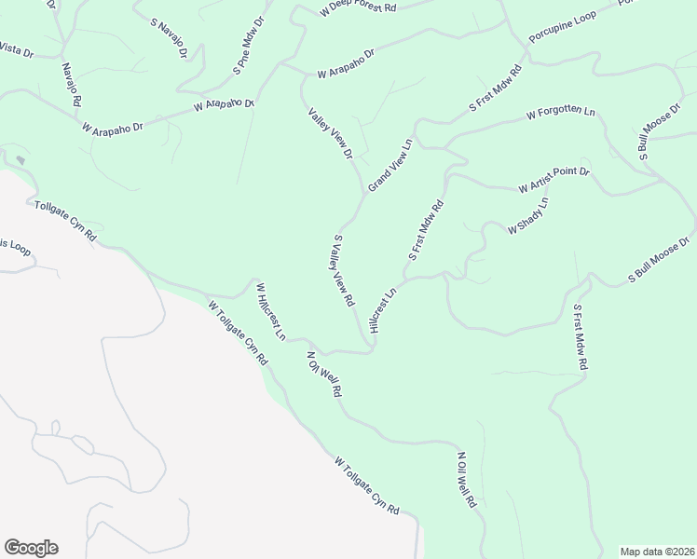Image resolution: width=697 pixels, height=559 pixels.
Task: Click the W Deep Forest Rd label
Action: [x=358, y=7]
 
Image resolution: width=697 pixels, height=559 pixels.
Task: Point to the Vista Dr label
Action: [x=16, y=49]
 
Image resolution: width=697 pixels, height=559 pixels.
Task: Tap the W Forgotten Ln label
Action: [x=560, y=114]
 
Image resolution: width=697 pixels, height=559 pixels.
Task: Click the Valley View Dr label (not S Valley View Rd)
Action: [x=331, y=133]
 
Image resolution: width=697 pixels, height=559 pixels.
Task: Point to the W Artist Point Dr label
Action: [x=554, y=181]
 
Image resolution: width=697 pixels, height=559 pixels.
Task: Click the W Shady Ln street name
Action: [x=527, y=216]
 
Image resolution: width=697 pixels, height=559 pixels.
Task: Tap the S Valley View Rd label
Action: [x=343, y=271]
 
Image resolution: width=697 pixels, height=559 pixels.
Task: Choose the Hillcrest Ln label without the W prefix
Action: [x=383, y=309]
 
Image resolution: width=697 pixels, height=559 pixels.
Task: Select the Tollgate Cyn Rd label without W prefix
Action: [x=65, y=222]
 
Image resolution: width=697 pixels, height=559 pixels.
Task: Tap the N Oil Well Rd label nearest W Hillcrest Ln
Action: [x=321, y=375]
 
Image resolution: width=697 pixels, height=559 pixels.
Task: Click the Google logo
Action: [x=31, y=548]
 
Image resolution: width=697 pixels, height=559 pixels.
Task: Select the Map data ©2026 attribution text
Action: [x=657, y=551]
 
